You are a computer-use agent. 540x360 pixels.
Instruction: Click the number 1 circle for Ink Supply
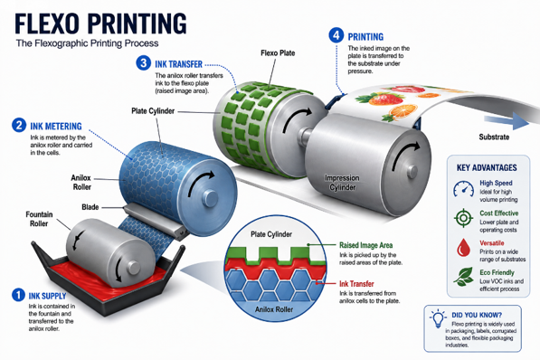pyautogui.click(x=18, y=295)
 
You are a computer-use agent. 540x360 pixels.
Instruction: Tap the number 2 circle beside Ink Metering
pyautogui.click(x=19, y=125)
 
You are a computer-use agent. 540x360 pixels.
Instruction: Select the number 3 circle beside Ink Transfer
pyautogui.click(x=143, y=63)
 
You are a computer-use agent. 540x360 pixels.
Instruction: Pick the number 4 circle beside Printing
pyautogui.click(x=336, y=35)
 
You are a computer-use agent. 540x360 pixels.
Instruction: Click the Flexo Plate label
pyautogui.click(x=278, y=53)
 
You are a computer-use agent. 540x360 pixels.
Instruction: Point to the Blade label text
pyautogui.click(x=90, y=207)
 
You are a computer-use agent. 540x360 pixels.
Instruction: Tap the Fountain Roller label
pyautogui.click(x=39, y=219)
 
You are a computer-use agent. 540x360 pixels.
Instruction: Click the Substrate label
pyautogui.click(x=494, y=137)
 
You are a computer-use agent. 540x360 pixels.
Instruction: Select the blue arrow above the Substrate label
pyautogui.click(x=507, y=121)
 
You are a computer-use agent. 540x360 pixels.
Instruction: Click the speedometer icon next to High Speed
pyautogui.click(x=463, y=189)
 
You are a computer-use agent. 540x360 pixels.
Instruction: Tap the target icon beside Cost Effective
pyautogui.click(x=463, y=218)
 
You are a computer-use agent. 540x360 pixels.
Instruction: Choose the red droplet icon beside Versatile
pyautogui.click(x=463, y=247)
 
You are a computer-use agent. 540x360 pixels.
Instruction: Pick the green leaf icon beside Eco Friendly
pyautogui.click(x=463, y=277)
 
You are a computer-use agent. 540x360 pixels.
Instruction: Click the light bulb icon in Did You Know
pyautogui.click(x=438, y=318)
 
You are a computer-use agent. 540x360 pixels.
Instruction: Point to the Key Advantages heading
pyautogui.click(x=487, y=167)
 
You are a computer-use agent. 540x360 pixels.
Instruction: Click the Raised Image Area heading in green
pyautogui.click(x=365, y=245)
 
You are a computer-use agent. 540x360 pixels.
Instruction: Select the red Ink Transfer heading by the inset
pyautogui.click(x=356, y=284)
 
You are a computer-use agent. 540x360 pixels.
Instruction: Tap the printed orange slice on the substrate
pyautogui.click(x=403, y=111)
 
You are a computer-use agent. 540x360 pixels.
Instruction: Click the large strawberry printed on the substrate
pyautogui.click(x=385, y=99)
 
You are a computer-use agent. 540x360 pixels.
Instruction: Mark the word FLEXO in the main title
pyautogui.click(x=47, y=24)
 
